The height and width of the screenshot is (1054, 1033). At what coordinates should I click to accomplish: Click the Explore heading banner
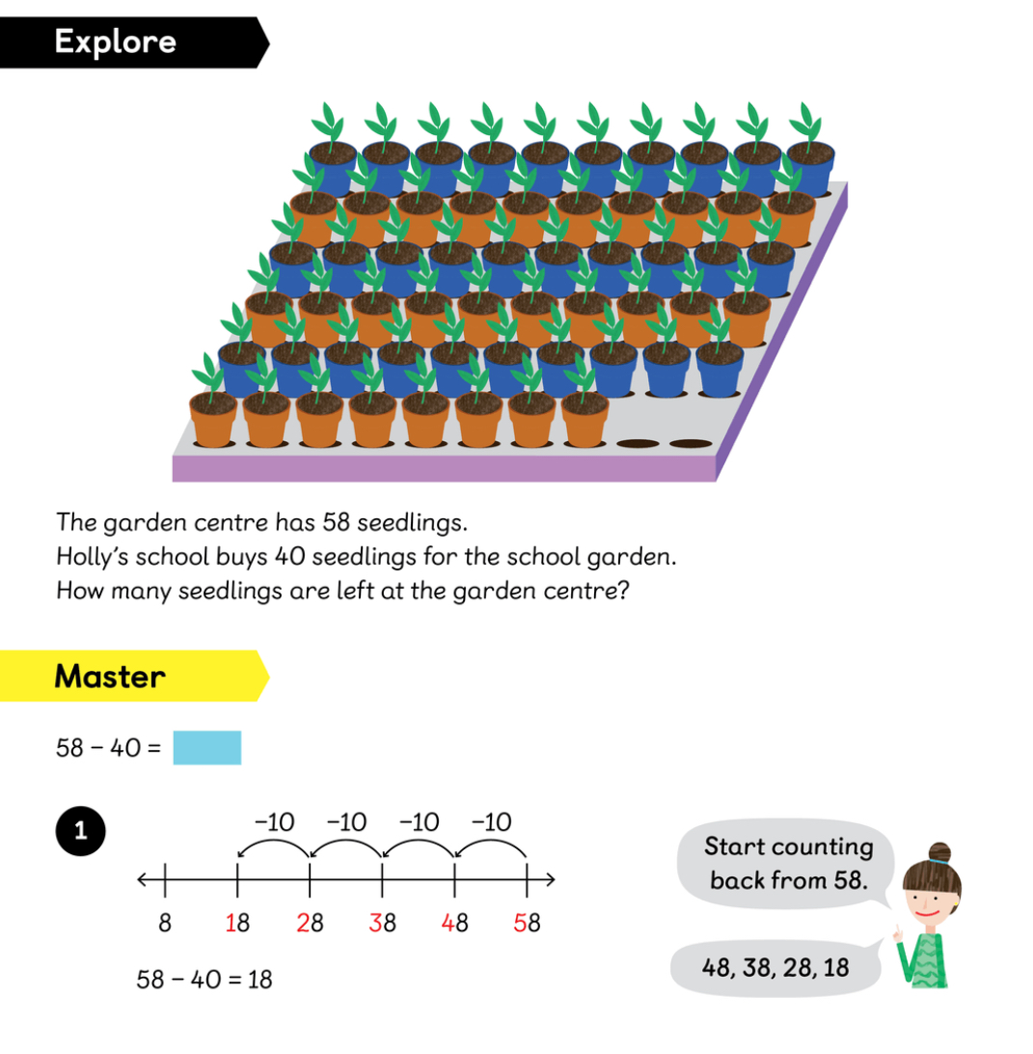click(116, 42)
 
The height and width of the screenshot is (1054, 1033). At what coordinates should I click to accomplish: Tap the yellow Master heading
click(110, 676)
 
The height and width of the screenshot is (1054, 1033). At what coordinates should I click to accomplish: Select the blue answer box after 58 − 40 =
click(206, 748)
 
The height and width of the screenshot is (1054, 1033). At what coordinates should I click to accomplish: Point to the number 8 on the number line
click(165, 923)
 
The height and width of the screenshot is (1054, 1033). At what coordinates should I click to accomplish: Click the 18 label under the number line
click(237, 923)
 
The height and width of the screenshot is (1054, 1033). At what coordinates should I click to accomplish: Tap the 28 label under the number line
click(310, 923)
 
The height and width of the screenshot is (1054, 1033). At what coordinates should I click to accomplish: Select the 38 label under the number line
click(382, 923)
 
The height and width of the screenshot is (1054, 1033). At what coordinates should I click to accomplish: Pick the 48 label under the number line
click(454, 923)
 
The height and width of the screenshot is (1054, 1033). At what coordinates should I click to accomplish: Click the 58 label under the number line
click(527, 923)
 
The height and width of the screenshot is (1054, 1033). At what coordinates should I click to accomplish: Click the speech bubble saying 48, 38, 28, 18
click(776, 966)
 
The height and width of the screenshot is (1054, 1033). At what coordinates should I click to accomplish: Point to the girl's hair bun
click(939, 851)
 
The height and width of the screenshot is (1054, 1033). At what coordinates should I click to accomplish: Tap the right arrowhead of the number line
click(551, 879)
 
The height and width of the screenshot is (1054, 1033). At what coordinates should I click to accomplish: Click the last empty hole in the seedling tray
click(689, 445)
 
